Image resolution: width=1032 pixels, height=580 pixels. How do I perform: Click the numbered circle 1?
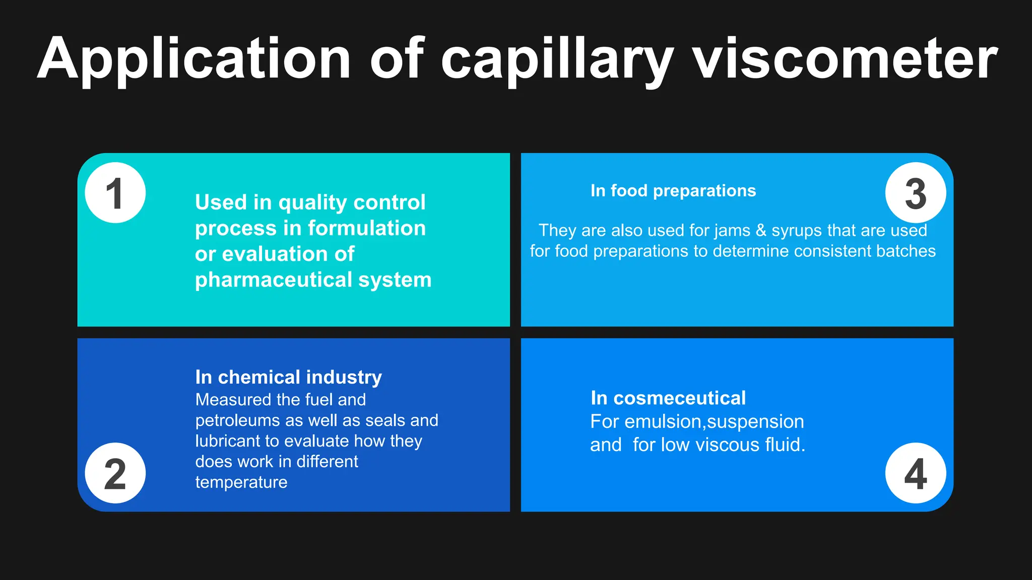click(x=115, y=193)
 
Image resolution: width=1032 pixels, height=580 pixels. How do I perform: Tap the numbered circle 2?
click(x=115, y=473)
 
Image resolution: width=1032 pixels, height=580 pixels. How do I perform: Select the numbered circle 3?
click(x=915, y=193)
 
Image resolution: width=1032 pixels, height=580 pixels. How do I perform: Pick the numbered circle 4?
click(x=915, y=473)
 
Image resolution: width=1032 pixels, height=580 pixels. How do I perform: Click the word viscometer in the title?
click(x=845, y=59)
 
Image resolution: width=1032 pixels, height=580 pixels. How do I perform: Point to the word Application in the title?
click(x=194, y=59)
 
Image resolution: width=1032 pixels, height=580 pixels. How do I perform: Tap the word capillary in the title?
click(x=557, y=59)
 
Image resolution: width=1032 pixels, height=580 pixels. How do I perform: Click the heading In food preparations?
click(x=673, y=191)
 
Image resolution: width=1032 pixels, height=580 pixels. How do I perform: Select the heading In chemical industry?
click(x=288, y=377)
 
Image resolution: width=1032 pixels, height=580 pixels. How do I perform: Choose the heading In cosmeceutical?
click(x=668, y=398)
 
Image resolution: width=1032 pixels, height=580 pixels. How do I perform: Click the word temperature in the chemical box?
click(x=241, y=482)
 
